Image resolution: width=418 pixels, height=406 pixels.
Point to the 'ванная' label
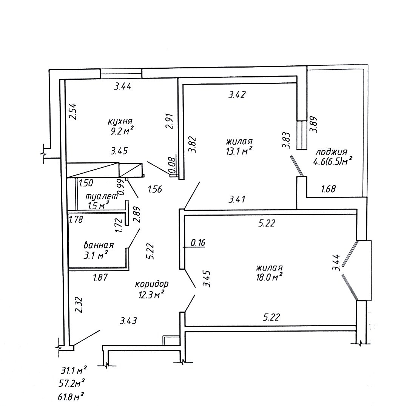click(99, 245)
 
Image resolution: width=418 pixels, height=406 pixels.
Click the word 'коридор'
click(151, 284)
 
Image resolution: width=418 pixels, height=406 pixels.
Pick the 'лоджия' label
click(332, 152)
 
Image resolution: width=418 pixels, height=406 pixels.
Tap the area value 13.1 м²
click(239, 151)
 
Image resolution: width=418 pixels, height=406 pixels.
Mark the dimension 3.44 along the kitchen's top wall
click(123, 86)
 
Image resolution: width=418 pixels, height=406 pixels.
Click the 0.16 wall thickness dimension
click(198, 242)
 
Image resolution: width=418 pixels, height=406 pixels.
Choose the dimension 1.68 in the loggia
click(328, 188)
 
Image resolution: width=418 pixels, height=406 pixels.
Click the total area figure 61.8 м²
click(70, 397)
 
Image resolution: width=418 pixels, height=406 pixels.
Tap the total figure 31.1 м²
click(73, 370)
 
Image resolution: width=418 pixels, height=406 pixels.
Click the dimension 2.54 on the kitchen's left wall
click(73, 111)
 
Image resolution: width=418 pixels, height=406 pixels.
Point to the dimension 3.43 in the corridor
click(128, 321)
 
